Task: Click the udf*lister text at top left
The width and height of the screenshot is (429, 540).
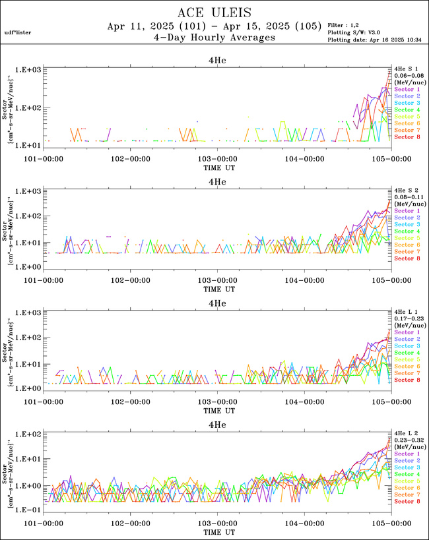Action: click(x=17, y=32)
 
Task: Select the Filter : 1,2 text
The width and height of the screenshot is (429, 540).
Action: click(x=345, y=24)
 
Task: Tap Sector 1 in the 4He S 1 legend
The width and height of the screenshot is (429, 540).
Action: click(x=407, y=89)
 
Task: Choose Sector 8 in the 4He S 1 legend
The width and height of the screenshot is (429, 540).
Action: click(x=407, y=136)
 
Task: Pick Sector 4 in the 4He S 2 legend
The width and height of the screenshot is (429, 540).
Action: click(x=407, y=231)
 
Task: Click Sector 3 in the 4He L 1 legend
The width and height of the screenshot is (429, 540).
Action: click(x=407, y=346)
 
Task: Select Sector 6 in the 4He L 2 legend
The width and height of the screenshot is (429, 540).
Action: click(x=407, y=487)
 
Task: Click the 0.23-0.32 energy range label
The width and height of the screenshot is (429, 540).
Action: click(x=407, y=440)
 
